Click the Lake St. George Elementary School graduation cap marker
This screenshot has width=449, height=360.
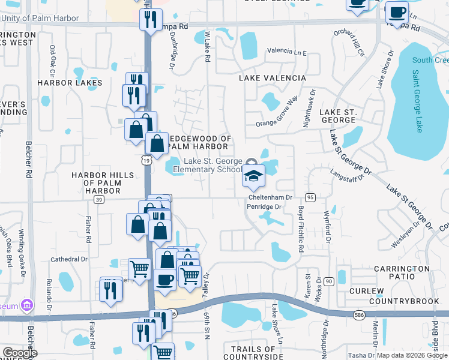click(x=254, y=175)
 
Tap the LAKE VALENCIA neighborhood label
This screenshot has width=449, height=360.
click(x=273, y=78)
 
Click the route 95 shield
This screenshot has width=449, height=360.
click(x=310, y=197)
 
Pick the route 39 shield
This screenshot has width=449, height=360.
click(x=99, y=199)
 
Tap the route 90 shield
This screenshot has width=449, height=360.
click(x=328, y=281)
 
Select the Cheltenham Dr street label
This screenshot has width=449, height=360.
click(x=270, y=197)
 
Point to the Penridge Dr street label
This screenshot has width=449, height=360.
click(x=264, y=207)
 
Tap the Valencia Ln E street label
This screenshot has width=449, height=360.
click(x=287, y=52)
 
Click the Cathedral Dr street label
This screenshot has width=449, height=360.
click(x=69, y=259)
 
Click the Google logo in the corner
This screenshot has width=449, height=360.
click(x=20, y=353)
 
